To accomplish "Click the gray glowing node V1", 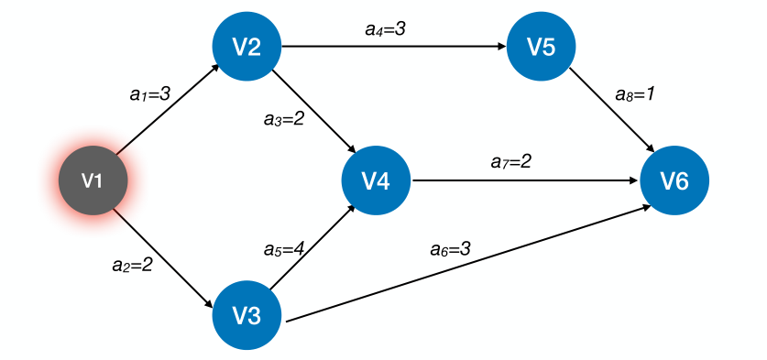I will pyautogui.click(x=92, y=180).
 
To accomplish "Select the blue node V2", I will pyautogui.click(x=246, y=47).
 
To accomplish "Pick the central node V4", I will pyautogui.click(x=376, y=180).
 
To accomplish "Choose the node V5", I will pyautogui.click(x=542, y=47).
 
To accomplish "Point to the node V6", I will pyautogui.click(x=674, y=180).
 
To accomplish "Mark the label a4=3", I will pyautogui.click(x=385, y=29).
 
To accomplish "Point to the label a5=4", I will pyautogui.click(x=283, y=249).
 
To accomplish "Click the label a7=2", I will pyautogui.click(x=511, y=161).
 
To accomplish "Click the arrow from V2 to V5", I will pyautogui.click(x=394, y=47).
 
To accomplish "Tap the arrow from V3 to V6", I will pyautogui.click(x=467, y=266).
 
